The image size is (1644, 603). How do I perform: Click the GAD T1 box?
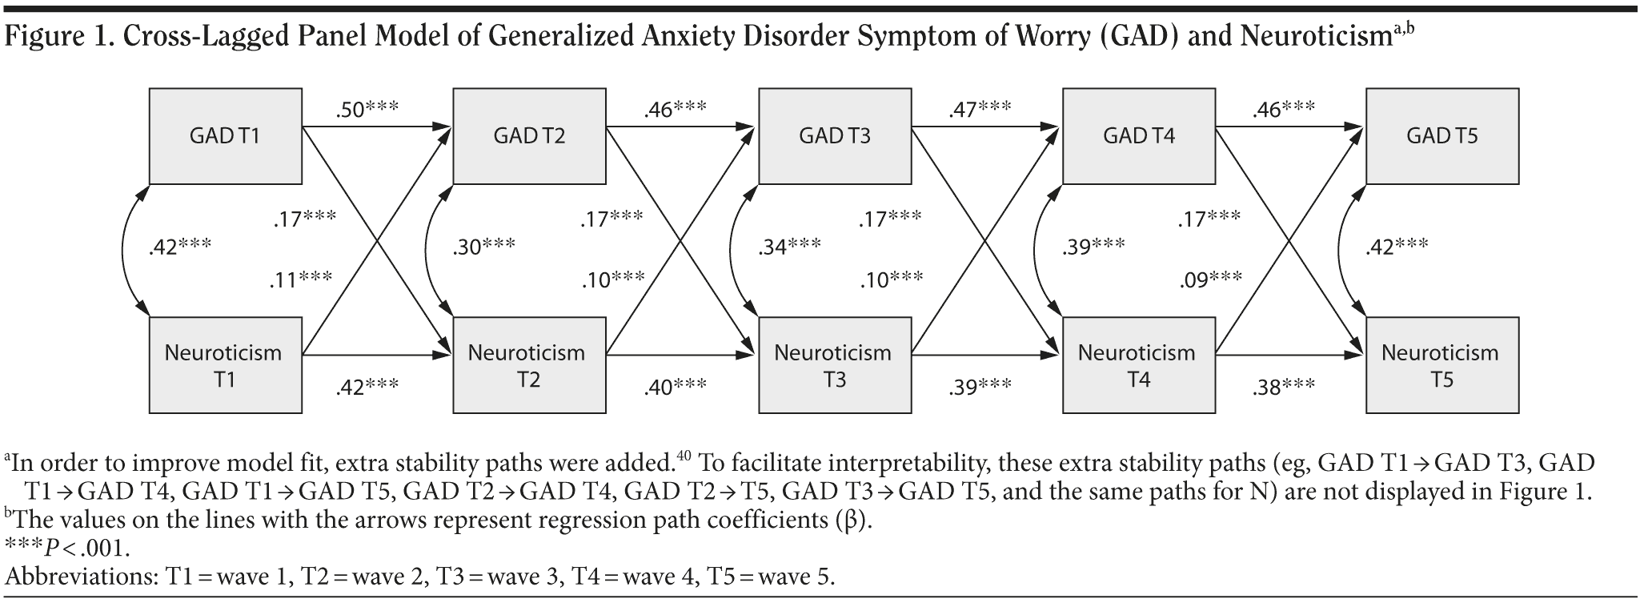tap(225, 136)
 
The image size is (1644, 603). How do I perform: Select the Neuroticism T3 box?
tap(834, 365)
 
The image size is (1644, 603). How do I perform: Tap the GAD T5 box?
tap(1442, 136)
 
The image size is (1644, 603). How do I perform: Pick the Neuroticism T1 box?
tap(225, 365)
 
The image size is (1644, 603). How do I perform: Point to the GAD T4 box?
tap(1138, 136)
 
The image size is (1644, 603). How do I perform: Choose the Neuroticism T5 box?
tap(1442, 365)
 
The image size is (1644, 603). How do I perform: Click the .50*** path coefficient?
tap(367, 109)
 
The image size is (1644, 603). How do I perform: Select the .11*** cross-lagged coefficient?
tap(301, 279)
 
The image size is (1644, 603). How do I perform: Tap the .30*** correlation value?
tap(483, 247)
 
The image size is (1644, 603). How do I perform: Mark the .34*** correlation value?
tap(789, 247)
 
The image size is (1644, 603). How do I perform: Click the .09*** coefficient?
tap(1210, 280)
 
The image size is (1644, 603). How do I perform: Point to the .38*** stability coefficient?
tap(1283, 388)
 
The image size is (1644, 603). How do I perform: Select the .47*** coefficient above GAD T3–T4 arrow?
tap(980, 109)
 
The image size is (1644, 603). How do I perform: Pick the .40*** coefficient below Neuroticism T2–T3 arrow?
tap(675, 388)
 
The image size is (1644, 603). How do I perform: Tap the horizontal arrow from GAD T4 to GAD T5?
tap(1289, 127)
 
